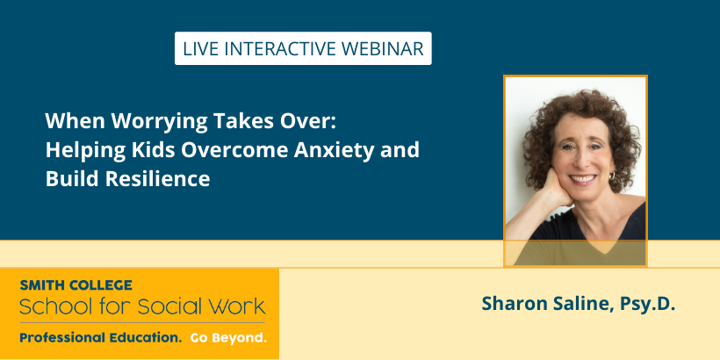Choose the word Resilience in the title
pos(157,178)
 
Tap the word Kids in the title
pos(154,150)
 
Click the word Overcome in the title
pos(234,150)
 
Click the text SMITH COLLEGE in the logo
pos(76,285)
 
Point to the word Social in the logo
pos(169,306)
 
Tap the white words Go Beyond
pos(228,338)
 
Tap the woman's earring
pos(612,176)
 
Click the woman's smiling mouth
pos(582,178)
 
